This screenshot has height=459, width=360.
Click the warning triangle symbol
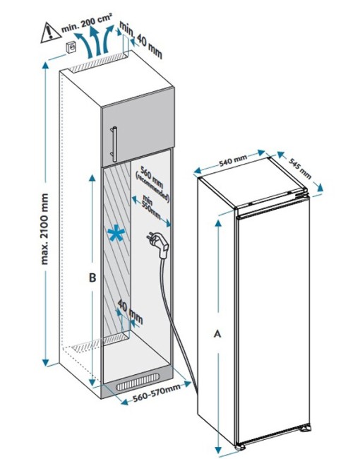(50, 33)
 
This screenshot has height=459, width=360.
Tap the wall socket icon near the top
(71, 47)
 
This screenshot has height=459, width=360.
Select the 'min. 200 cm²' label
(87, 23)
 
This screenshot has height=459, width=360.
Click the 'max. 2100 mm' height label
(44, 229)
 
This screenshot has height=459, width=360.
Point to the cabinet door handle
(114, 144)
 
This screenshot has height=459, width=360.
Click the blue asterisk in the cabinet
(116, 233)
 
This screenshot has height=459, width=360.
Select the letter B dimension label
(92, 278)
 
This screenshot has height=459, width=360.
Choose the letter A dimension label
(217, 333)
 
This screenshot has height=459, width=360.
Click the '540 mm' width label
(233, 160)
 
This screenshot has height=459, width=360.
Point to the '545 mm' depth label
(300, 168)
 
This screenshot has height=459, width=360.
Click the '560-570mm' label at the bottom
(157, 393)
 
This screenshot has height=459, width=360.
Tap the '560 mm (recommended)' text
(152, 184)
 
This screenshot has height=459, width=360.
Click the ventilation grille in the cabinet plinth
(138, 382)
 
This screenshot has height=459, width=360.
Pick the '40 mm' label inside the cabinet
(131, 311)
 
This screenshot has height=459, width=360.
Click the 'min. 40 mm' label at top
(140, 40)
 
